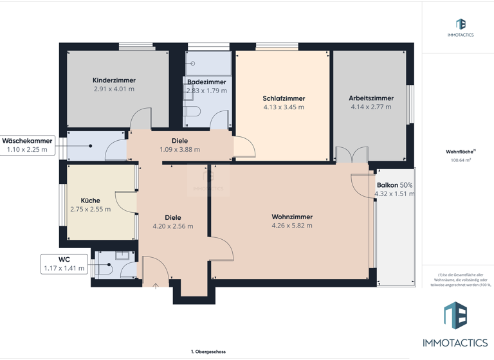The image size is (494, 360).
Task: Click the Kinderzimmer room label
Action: click(114, 80)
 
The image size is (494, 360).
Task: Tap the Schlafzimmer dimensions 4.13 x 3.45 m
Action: click(284, 107)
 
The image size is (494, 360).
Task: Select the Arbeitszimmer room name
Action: click(371, 98)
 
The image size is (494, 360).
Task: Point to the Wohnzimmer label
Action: click(291, 217)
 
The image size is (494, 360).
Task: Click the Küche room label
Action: click(90, 201)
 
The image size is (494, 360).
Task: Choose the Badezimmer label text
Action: click(206, 82)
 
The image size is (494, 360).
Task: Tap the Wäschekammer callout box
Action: click(27, 145)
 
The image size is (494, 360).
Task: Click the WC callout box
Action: click(64, 264)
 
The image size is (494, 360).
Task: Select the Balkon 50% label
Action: click(394, 184)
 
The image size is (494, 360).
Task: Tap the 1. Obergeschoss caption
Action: click(208, 352)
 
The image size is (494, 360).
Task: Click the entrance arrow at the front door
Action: click(155, 287)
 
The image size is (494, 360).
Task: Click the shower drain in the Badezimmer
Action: click(192, 63)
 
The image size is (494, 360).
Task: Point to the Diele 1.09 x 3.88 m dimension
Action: click(179, 150)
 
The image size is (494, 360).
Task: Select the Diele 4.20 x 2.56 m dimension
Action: click(172, 226)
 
